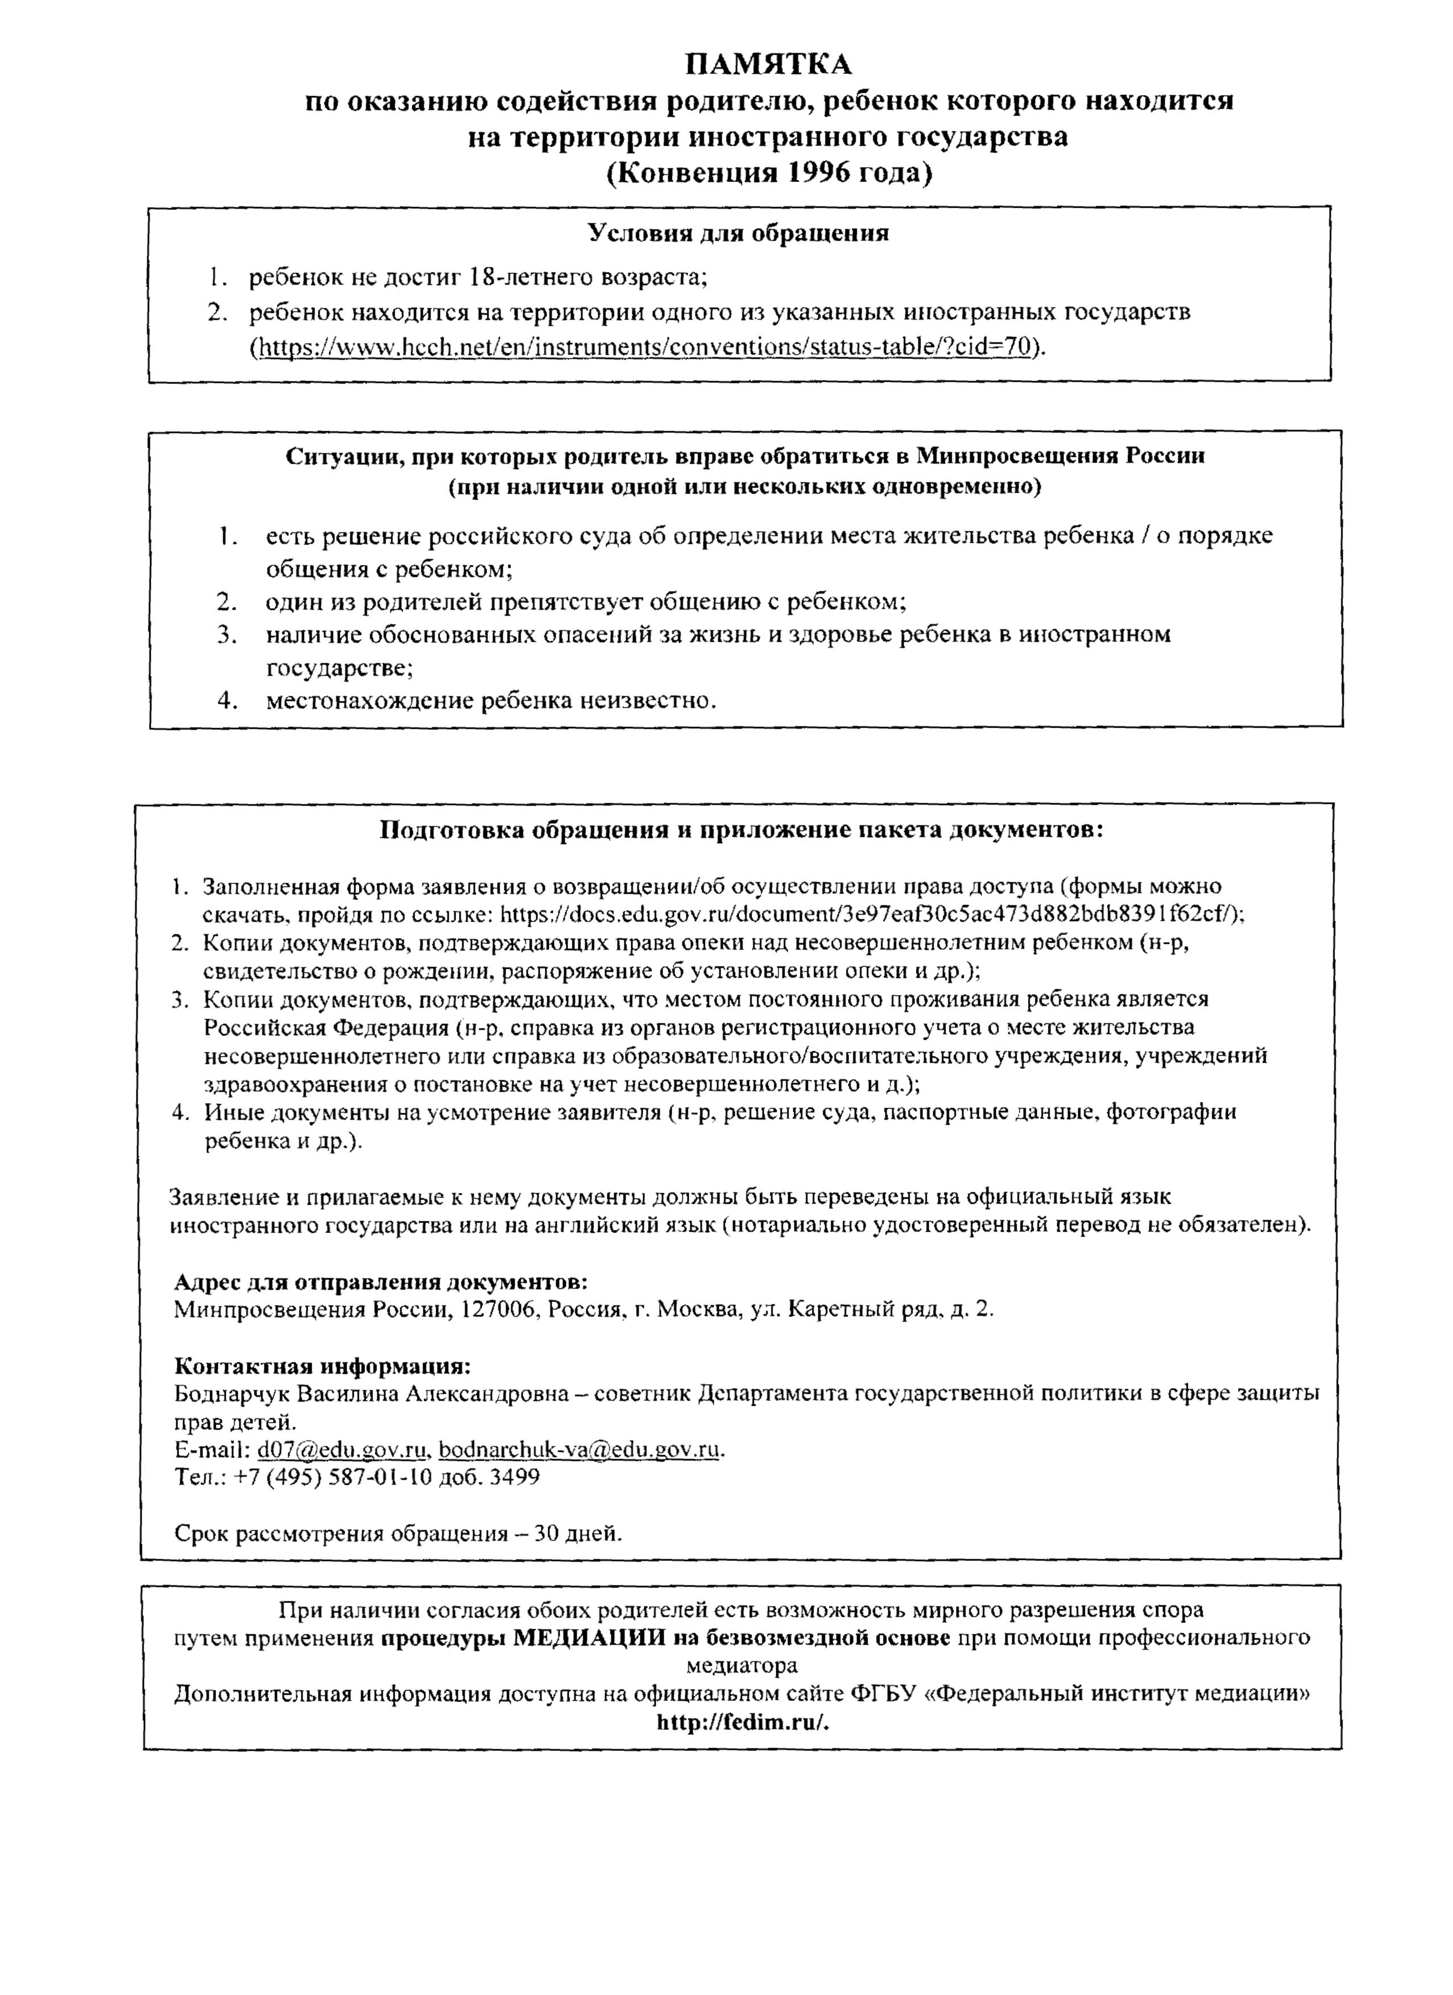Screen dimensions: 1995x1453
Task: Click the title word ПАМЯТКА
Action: [x=769, y=65]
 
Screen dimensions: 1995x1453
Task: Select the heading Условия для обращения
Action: [x=738, y=233]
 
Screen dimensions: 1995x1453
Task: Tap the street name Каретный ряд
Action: [x=851, y=1309]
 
